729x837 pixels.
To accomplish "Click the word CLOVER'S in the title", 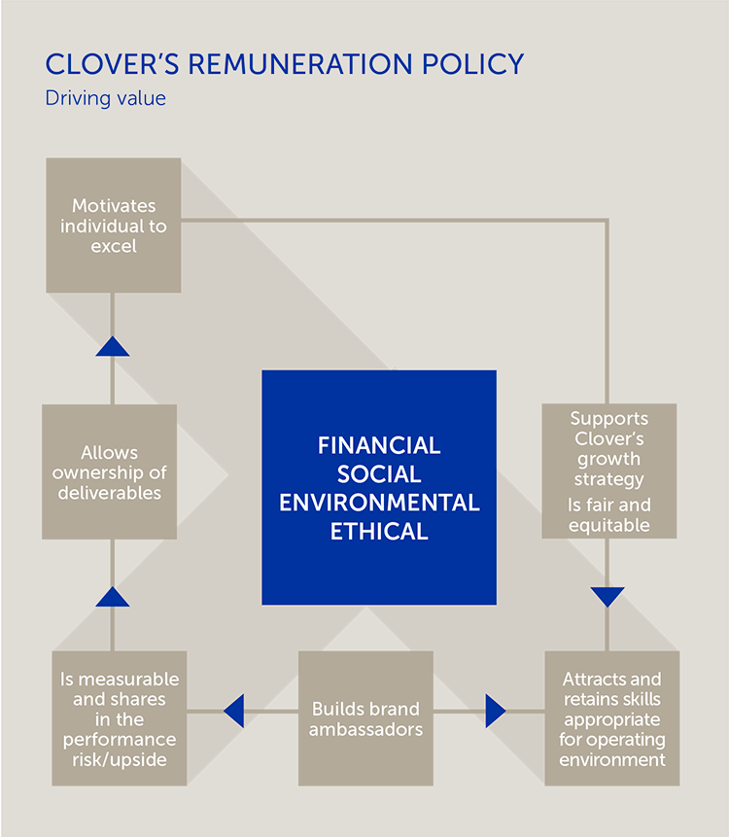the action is point(112,64).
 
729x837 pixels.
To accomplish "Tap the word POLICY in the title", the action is point(472,64).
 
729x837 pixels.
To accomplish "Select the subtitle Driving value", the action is point(106,98).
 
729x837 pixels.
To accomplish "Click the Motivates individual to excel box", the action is point(114,226).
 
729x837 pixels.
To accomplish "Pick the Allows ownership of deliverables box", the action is point(110,471).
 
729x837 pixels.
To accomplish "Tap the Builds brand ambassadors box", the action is point(365,718).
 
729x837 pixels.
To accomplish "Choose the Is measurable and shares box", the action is point(120,718).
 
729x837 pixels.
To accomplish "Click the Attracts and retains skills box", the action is point(612,718).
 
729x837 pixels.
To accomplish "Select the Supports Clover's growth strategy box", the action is point(609,471).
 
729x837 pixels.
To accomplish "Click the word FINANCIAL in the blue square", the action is point(379,446).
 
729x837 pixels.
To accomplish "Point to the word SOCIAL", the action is point(379,474).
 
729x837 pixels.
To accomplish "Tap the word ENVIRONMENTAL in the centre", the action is point(379,503).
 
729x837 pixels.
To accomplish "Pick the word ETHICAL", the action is point(379,532).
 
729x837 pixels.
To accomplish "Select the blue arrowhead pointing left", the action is point(233,711).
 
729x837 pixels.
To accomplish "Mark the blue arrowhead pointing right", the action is point(496,711).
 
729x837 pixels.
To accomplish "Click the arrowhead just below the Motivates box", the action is point(113,346).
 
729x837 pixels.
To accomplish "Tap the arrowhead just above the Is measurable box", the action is point(113,597).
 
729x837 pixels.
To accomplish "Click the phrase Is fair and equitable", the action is point(609,515).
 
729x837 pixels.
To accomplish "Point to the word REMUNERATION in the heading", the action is point(300,64).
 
